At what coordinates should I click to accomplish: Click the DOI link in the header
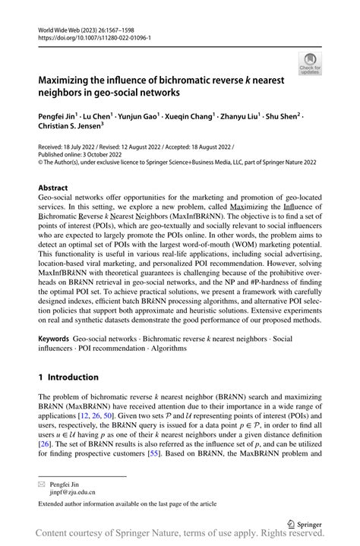(91, 36)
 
